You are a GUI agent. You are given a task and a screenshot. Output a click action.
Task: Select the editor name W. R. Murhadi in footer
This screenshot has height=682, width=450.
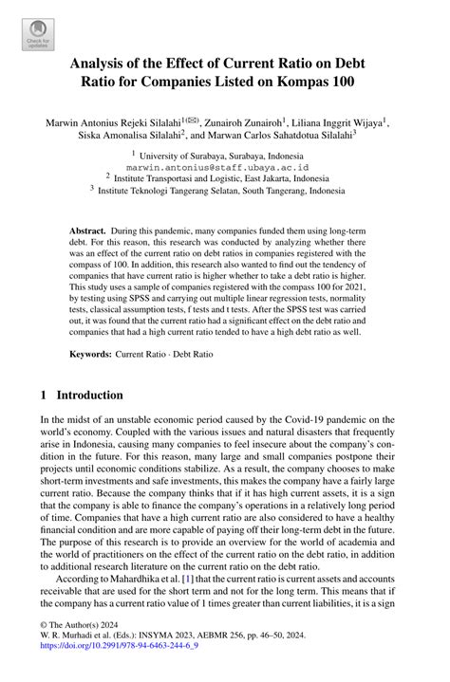click(x=73, y=655)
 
